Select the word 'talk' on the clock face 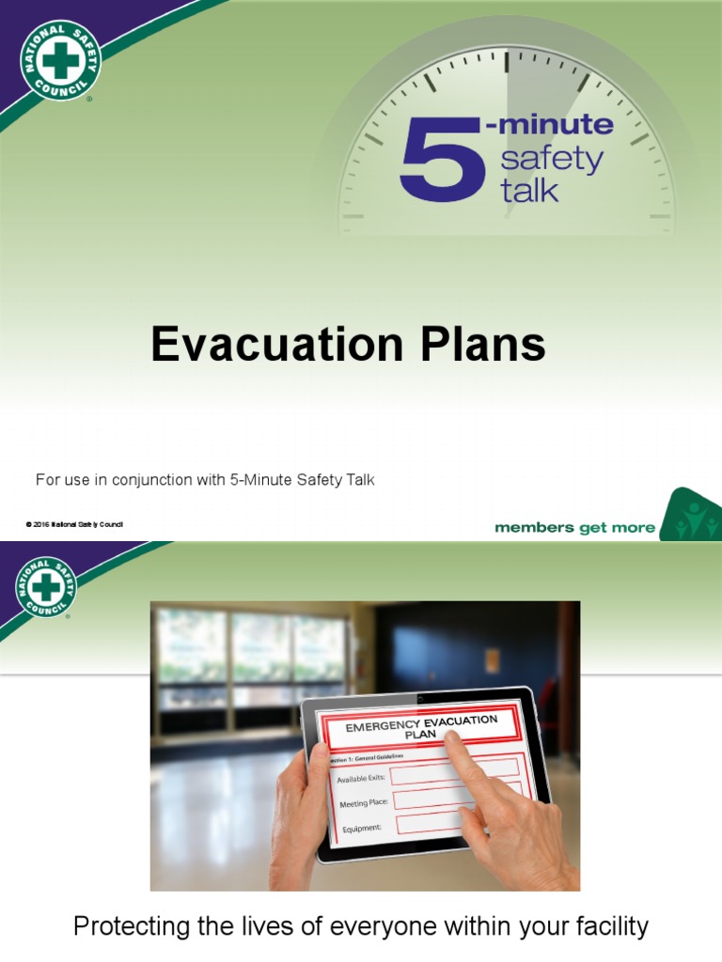click(530, 191)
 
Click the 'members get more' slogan click(574, 528)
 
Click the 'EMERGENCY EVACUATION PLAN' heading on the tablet click(422, 727)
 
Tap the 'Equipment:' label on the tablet click(362, 829)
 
